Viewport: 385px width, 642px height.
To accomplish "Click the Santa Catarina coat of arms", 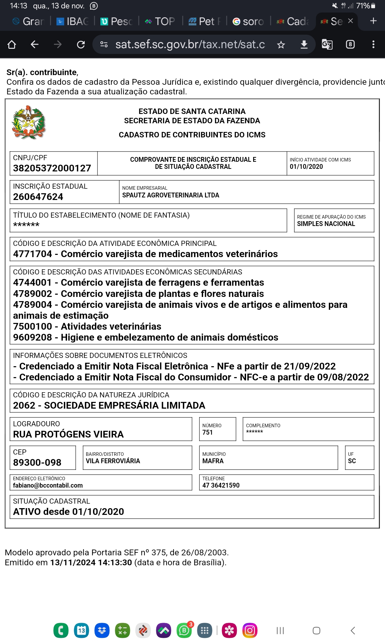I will [29, 122].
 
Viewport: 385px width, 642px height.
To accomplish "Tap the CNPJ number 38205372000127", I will [52, 168].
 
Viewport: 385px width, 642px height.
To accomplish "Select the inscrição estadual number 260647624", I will [38, 197].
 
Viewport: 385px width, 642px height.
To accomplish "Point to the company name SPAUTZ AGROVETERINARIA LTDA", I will [170, 195].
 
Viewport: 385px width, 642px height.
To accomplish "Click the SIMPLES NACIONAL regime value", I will [326, 224].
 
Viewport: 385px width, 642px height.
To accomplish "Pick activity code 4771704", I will [32, 254].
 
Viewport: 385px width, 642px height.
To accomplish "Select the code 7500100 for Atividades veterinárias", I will [32, 326].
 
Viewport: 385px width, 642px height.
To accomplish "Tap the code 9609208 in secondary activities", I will [32, 337].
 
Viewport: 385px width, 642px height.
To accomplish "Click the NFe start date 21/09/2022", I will [310, 366].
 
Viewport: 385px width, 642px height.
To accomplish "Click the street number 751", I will [208, 432].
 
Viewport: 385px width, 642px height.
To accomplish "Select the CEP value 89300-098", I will [37, 463].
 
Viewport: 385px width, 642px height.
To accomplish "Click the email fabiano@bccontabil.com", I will [48, 485].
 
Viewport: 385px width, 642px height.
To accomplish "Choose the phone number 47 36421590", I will [221, 485].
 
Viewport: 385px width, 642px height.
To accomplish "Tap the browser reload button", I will [81, 45].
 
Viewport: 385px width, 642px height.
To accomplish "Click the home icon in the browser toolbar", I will [12, 45].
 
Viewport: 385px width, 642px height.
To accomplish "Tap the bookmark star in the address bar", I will [281, 45].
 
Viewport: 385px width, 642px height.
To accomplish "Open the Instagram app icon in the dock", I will [250, 630].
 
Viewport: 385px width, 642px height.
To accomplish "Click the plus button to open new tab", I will [373, 21].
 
